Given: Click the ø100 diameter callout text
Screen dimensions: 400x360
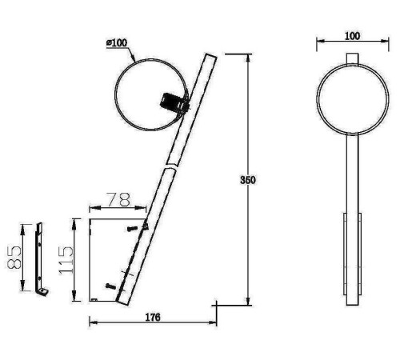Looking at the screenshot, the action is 117,42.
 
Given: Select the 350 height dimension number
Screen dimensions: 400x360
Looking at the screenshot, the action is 248,180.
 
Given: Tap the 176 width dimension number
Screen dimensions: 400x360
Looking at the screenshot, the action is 153,318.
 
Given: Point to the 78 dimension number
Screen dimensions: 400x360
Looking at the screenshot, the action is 119,200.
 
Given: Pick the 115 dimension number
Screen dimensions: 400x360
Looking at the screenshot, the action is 66,260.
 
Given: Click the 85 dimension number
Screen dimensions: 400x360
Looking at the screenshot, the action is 14,258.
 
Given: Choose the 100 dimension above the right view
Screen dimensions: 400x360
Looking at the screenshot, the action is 352,36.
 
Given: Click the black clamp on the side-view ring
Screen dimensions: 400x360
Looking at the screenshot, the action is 174,103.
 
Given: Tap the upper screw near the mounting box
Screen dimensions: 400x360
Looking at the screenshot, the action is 133,229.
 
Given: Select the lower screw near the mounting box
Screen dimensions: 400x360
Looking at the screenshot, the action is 111,286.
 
